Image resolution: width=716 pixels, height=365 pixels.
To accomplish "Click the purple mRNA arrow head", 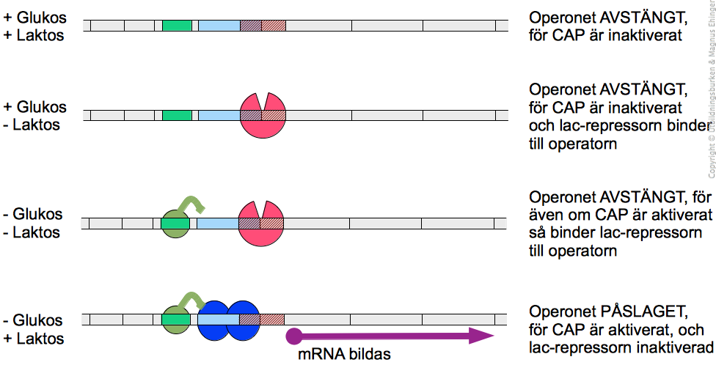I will (x=481, y=336).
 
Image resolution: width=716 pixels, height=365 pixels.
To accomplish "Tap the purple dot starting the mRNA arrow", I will (x=293, y=336).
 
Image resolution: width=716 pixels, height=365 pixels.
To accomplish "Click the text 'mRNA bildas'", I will (x=344, y=354).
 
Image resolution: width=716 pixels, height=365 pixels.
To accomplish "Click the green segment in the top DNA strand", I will (x=177, y=26).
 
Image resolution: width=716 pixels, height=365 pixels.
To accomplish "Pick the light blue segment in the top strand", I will (x=219, y=26).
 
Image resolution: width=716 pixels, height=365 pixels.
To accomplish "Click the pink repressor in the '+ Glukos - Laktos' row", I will (x=263, y=117).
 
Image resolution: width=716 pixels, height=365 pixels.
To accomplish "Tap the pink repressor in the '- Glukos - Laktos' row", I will (x=261, y=224).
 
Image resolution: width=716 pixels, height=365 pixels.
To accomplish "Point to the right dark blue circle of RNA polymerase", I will (x=244, y=320).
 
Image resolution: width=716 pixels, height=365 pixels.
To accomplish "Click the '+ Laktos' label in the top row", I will (x=33, y=35).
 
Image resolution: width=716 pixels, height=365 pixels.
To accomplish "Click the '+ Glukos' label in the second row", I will (x=34, y=107).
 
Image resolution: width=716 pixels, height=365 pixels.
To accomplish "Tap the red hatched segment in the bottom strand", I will (x=273, y=320).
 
